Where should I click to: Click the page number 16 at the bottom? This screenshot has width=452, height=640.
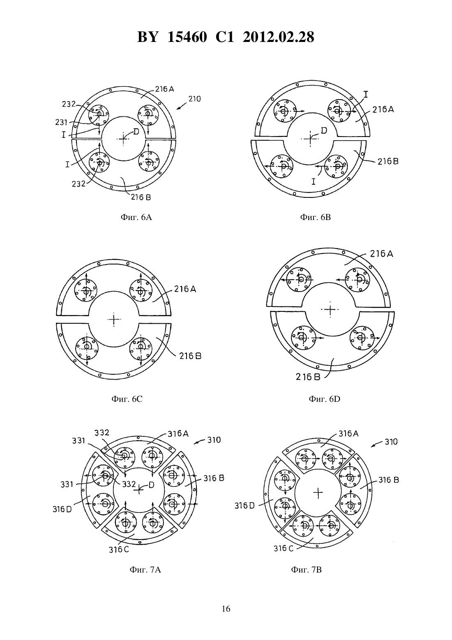(226, 609)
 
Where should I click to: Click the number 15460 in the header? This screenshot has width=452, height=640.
(187, 37)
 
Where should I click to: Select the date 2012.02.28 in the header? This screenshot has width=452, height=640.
(279, 37)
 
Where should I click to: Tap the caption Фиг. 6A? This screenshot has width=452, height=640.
(136, 218)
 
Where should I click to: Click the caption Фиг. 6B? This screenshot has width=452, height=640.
(315, 217)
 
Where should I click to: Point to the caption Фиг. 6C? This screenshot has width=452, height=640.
(127, 399)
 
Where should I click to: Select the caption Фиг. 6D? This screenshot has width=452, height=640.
(325, 399)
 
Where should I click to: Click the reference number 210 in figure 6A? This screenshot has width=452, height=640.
(195, 99)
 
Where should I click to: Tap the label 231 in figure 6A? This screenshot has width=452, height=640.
(61, 123)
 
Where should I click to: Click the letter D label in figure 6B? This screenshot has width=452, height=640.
(324, 130)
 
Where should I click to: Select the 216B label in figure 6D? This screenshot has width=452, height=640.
(308, 377)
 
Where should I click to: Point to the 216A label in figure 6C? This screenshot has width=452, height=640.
(185, 289)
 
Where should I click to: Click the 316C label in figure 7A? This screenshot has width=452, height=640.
(119, 550)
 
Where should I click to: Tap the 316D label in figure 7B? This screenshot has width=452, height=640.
(244, 506)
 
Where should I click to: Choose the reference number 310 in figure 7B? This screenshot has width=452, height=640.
(391, 442)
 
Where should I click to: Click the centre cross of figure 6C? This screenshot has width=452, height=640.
(114, 319)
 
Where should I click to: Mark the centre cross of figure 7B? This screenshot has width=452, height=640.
(318, 493)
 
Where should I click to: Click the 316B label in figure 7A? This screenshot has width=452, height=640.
(214, 478)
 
